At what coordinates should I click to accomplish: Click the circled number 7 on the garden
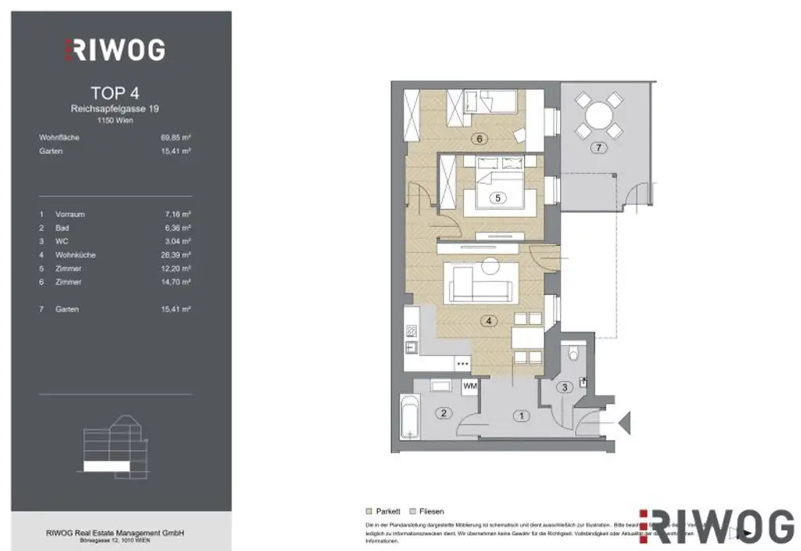click(x=598, y=148)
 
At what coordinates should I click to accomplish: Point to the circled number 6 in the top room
click(x=480, y=139)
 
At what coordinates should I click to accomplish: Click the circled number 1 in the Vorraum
click(x=522, y=416)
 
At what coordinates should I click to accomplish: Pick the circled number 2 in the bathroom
click(x=443, y=412)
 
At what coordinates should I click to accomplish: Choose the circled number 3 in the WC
click(x=563, y=387)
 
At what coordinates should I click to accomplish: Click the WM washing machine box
click(x=470, y=386)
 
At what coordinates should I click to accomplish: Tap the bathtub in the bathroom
click(x=409, y=418)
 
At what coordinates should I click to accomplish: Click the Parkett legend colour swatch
click(x=370, y=511)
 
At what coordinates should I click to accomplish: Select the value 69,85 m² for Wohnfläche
click(x=176, y=138)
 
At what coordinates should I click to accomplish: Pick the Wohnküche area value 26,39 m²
click(x=176, y=255)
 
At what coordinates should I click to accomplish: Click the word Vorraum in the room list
click(x=70, y=214)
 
